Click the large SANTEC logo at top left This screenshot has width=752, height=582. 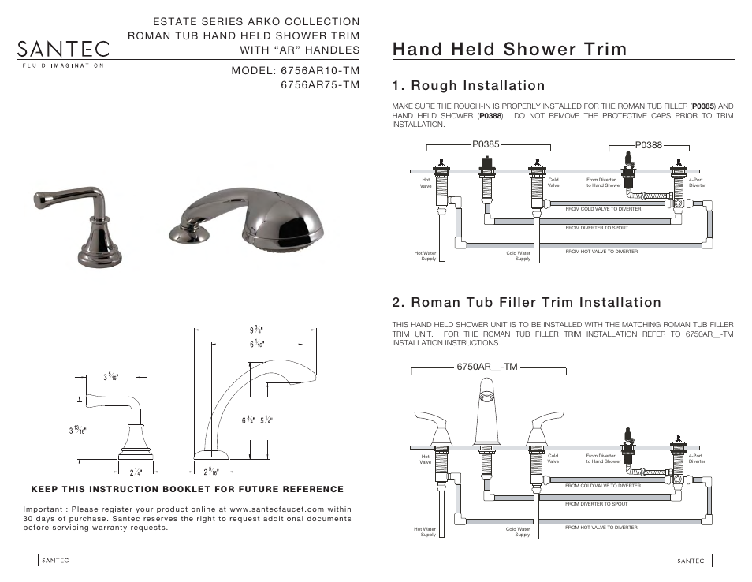64,48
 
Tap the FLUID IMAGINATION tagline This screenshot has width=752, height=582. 61,65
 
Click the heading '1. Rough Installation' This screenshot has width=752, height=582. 468,85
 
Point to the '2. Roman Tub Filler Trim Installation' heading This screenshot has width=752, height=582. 527,303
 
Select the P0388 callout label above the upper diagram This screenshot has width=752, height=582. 649,145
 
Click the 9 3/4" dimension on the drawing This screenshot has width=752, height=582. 257,330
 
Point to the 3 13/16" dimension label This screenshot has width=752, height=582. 77,429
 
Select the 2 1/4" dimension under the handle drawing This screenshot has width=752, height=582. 136,472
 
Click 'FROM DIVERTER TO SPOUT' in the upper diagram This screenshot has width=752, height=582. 597,228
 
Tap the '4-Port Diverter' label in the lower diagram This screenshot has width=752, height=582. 696,458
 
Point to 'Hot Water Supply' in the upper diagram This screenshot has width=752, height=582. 426,256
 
